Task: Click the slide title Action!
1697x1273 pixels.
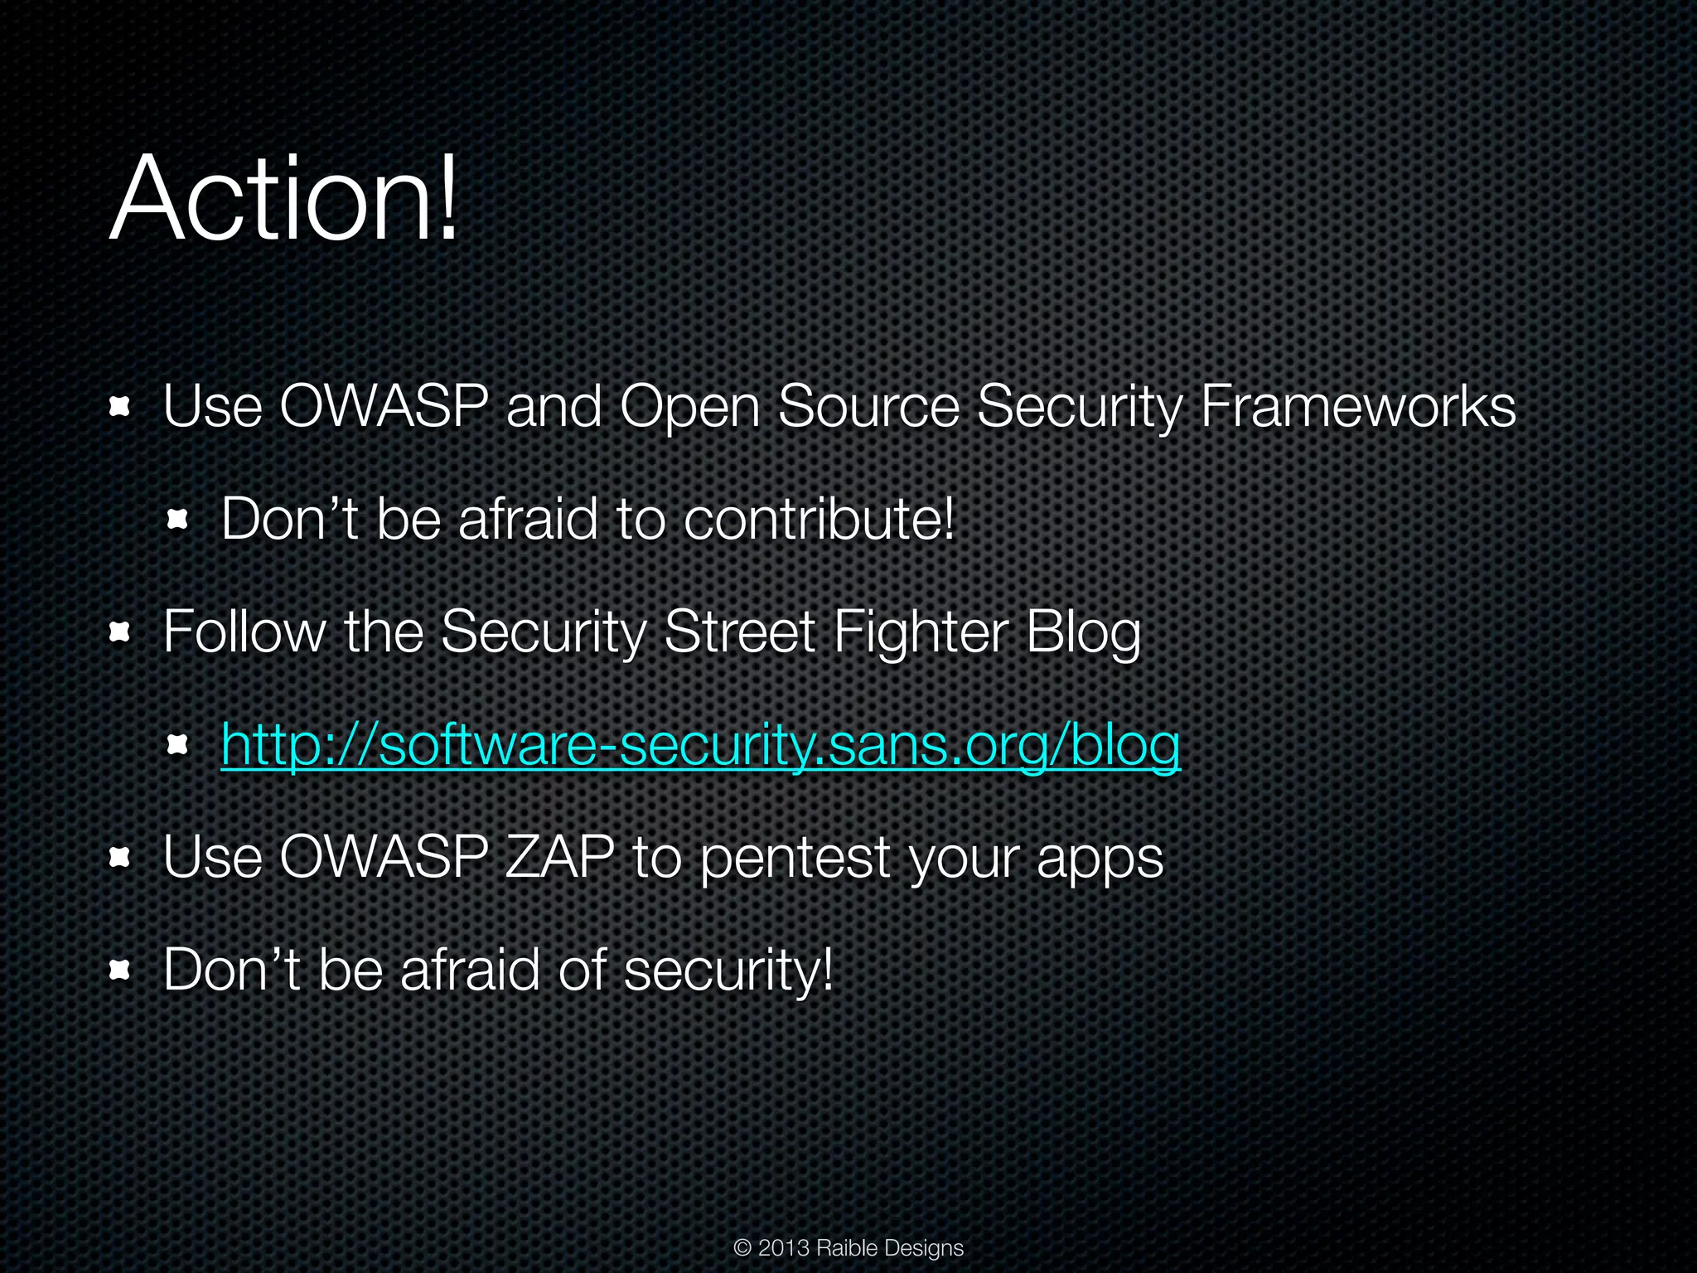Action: coord(283,199)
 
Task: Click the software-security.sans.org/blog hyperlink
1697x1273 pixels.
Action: coord(700,745)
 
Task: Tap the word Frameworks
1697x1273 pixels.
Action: coord(1357,407)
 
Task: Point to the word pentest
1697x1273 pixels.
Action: coord(795,859)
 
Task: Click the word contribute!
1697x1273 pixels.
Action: coord(819,520)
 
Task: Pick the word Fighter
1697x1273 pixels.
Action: coord(921,633)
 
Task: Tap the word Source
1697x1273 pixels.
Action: coord(868,407)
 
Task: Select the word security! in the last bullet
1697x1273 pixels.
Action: coord(728,970)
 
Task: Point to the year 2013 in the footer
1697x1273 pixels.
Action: coord(783,1247)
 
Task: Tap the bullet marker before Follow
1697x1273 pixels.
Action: coord(120,634)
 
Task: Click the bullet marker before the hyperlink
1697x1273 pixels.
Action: coord(177,746)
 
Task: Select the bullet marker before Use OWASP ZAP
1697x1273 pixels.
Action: coord(120,858)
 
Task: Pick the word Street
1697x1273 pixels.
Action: coord(739,633)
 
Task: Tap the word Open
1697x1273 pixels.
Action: coord(689,409)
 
